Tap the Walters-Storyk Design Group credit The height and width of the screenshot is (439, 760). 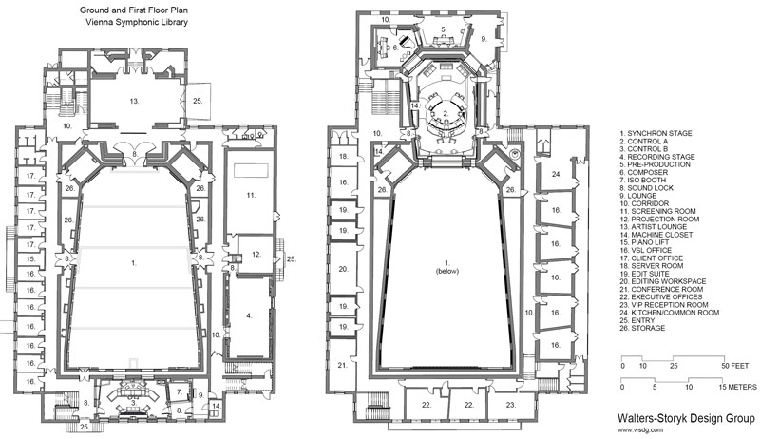point(682,415)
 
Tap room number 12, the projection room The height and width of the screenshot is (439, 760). point(256,254)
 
